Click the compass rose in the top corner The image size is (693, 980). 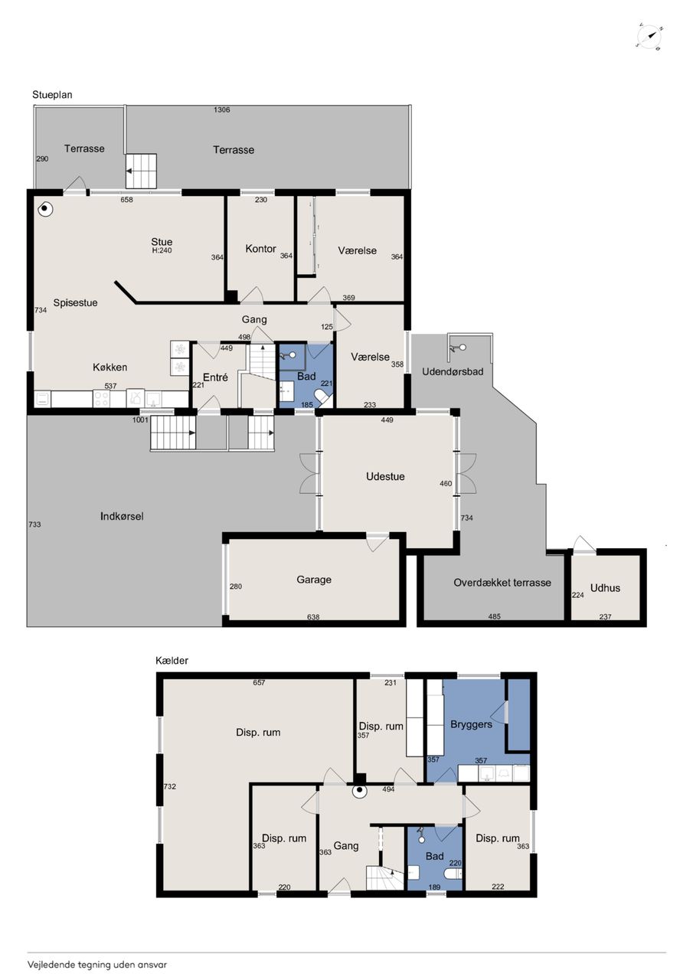pyautogui.click(x=649, y=37)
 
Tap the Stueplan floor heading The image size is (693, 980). pyautogui.click(x=52, y=95)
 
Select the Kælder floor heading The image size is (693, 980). pyautogui.click(x=172, y=660)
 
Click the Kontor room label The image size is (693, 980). pyautogui.click(x=260, y=249)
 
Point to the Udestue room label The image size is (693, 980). pyautogui.click(x=385, y=476)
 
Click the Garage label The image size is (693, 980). pyautogui.click(x=314, y=580)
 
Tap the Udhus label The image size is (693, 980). pyautogui.click(x=605, y=587)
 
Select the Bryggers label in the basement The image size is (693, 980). pyautogui.click(x=471, y=724)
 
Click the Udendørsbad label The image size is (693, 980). pyautogui.click(x=453, y=371)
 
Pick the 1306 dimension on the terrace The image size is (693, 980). pyautogui.click(x=222, y=109)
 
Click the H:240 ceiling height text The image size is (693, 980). pyautogui.click(x=162, y=250)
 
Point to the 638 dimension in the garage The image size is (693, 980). pyautogui.click(x=313, y=617)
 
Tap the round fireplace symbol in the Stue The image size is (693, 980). pyautogui.click(x=45, y=210)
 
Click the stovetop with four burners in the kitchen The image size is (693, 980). pyautogui.click(x=102, y=399)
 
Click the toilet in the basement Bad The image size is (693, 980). pyautogui.click(x=453, y=874)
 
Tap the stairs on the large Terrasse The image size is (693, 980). pyautogui.click(x=142, y=171)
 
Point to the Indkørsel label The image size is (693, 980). pyautogui.click(x=122, y=516)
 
